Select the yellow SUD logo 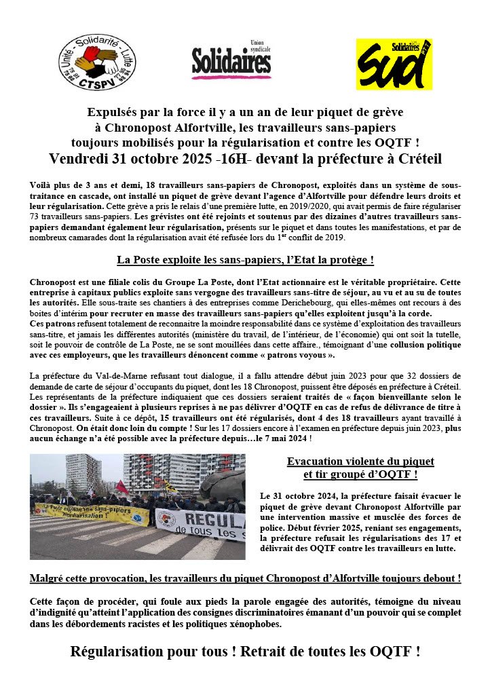(x=394, y=64)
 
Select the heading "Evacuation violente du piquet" (x=360, y=462)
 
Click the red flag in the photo (x=121, y=487)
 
